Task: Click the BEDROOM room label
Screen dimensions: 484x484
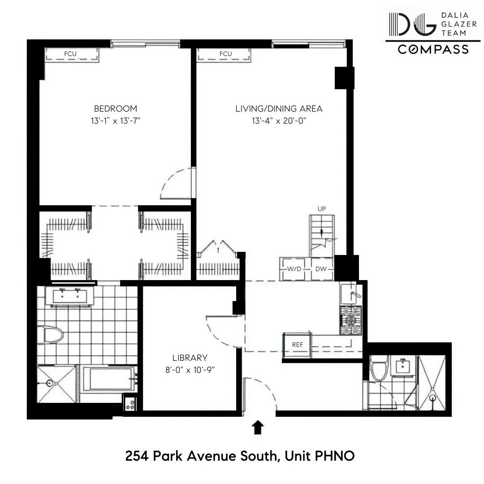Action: [115, 108]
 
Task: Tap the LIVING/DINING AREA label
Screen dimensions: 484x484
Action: [279, 108]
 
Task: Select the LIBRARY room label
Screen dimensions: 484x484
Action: [190, 358]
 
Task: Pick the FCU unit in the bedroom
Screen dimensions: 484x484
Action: [71, 55]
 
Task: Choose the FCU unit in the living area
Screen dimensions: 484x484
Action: [225, 55]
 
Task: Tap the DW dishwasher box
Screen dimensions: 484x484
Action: [321, 269]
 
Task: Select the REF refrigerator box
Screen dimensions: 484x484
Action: [297, 345]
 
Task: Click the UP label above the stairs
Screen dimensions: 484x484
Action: [321, 209]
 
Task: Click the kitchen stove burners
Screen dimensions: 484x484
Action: [350, 320]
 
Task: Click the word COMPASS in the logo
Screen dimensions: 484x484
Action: [433, 49]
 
